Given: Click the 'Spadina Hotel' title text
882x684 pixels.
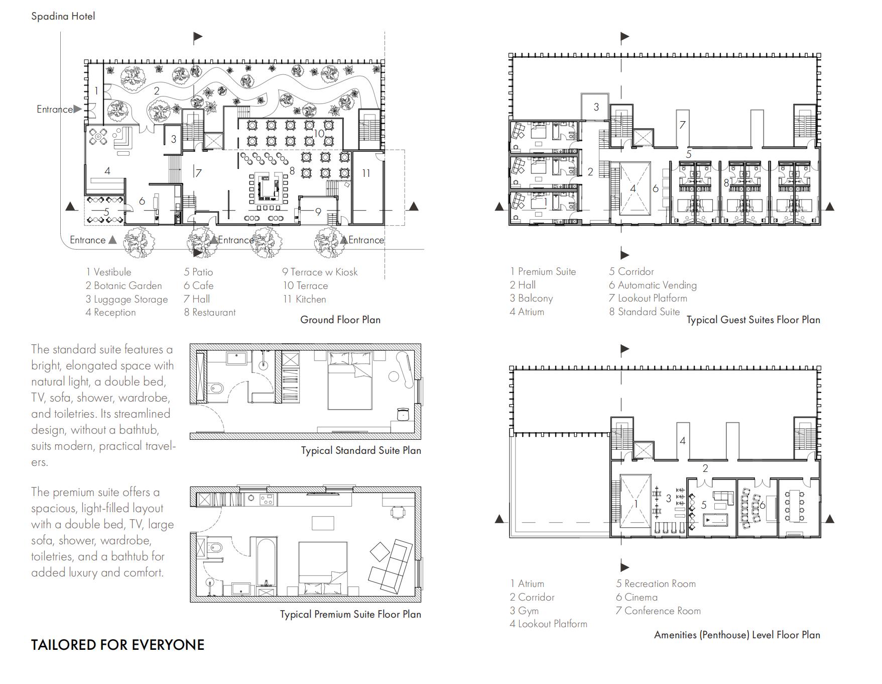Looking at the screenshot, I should tap(63, 16).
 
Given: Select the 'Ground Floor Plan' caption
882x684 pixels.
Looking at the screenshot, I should tap(340, 320).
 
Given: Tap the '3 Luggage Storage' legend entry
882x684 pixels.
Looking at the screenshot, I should tap(127, 299).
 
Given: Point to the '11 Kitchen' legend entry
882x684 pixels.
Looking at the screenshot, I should tap(304, 299).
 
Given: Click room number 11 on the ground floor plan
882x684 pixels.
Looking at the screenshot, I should tap(366, 173).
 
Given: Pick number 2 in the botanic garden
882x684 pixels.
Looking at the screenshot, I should tap(157, 91).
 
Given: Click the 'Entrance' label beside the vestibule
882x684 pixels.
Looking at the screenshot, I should tap(54, 109).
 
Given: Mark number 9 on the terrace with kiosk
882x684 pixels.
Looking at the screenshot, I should tap(318, 212).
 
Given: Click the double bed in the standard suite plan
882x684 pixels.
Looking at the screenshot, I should tap(350, 382).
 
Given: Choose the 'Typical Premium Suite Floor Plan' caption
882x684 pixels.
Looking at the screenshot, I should tap(350, 614).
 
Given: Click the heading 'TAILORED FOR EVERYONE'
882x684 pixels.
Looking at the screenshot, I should tap(117, 645).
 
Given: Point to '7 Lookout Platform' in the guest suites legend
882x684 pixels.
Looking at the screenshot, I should tap(648, 298).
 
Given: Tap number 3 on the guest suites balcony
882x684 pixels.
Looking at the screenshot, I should tap(596, 107).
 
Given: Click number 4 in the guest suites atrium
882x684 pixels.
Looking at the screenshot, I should tap(633, 189).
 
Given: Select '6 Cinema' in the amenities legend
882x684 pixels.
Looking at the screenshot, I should tap(637, 597).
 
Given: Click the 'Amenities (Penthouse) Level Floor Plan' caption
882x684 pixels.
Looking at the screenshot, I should tap(736, 635).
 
